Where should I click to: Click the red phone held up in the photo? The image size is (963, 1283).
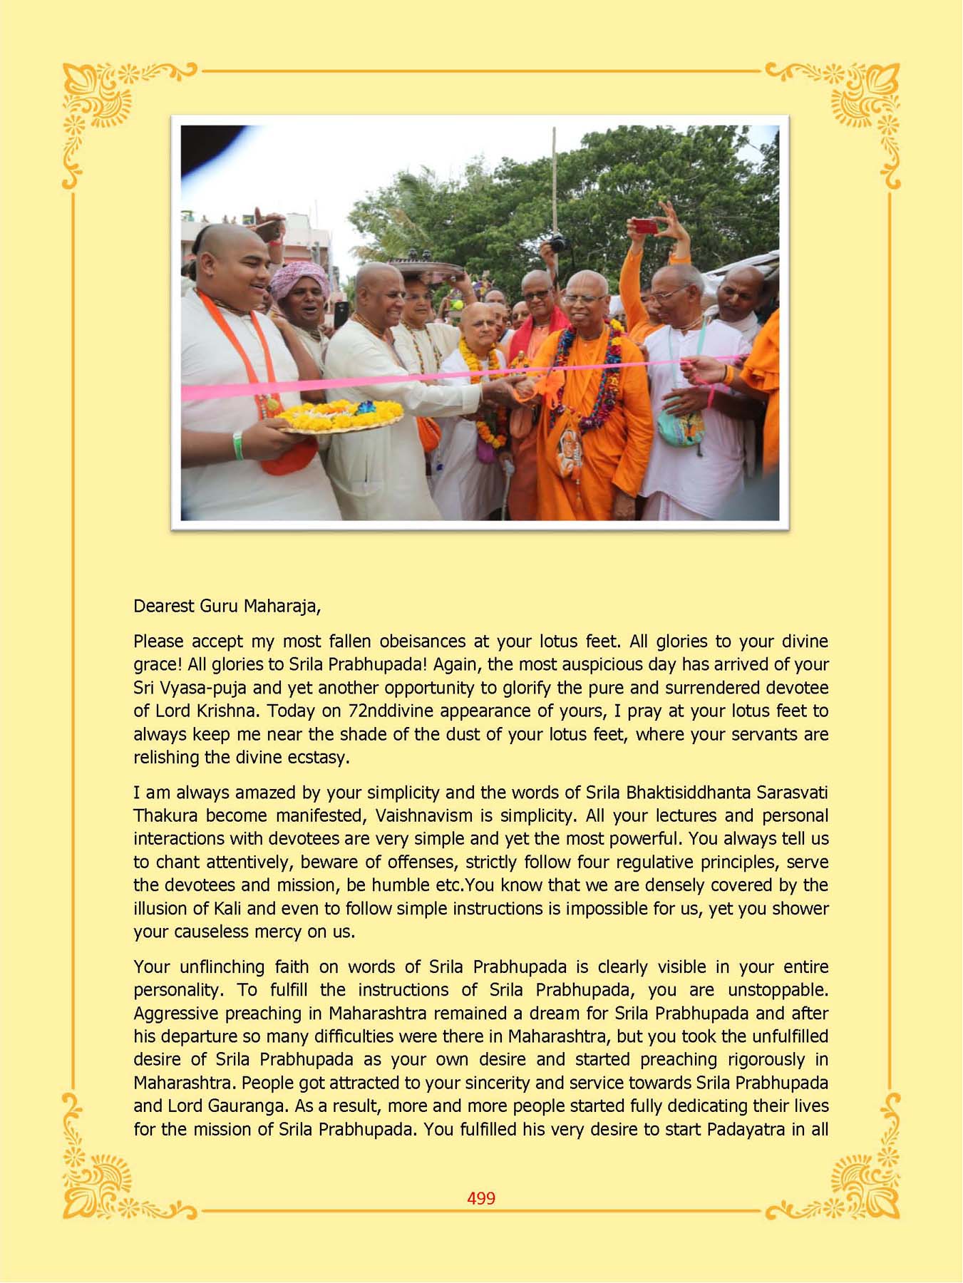pos(646,227)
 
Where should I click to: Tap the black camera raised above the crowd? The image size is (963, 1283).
pos(559,244)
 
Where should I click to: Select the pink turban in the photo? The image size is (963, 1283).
pos(299,277)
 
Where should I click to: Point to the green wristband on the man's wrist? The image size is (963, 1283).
pos(238,445)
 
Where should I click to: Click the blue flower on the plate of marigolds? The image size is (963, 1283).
pos(366,408)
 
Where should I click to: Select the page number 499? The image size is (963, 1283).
pos(481,1198)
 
